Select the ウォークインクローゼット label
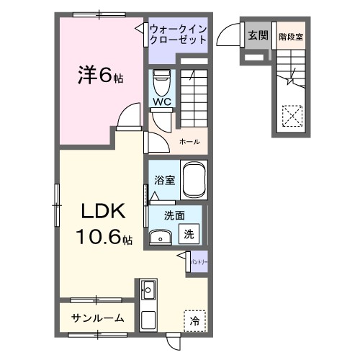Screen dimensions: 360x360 click(x=178, y=34)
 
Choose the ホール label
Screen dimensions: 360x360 click(x=190, y=141)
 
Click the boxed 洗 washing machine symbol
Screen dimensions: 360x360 click(x=188, y=234)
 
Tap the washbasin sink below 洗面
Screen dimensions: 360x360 click(x=159, y=237)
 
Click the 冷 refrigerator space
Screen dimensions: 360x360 click(x=194, y=321)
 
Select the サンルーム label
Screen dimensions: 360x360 click(x=98, y=318)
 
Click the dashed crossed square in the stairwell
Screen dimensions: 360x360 click(x=292, y=115)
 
